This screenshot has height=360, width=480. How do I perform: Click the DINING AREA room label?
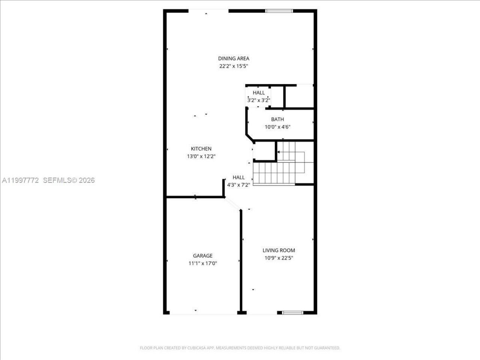[234, 58]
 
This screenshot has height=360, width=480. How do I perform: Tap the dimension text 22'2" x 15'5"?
[234, 66]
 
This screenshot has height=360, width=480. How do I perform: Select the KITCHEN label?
[201, 149]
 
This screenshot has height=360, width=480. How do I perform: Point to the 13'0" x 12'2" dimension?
[201, 156]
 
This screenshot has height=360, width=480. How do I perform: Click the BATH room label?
[277, 119]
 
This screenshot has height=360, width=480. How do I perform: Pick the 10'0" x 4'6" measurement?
[277, 127]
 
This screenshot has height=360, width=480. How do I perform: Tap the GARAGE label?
[202, 256]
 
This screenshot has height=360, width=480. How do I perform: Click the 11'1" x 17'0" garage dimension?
[202, 263]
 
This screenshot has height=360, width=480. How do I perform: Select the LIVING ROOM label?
[279, 250]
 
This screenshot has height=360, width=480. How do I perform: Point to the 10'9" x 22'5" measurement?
[279, 258]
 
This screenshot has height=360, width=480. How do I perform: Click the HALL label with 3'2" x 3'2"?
[258, 93]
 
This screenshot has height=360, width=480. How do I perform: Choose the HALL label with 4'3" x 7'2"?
[238, 177]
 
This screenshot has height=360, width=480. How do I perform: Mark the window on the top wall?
[279, 11]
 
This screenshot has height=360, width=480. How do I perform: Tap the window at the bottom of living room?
[292, 312]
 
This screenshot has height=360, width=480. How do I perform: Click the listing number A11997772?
[20, 180]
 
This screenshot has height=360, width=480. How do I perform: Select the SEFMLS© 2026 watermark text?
[69, 180]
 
